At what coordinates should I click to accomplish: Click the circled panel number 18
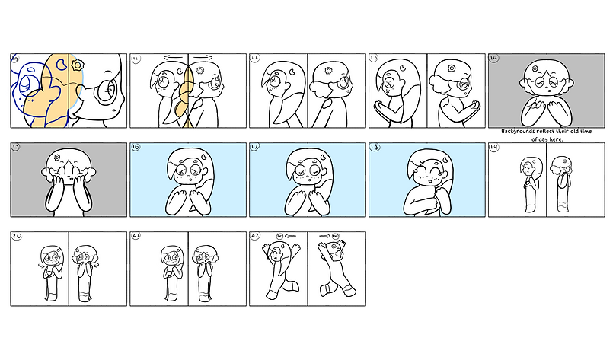[x=375, y=148]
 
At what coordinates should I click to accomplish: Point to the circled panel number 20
[x=17, y=237]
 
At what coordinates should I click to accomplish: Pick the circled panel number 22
[x=255, y=237]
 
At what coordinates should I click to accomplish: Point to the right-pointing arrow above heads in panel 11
[x=203, y=57]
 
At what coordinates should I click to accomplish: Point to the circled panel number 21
[x=136, y=237]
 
